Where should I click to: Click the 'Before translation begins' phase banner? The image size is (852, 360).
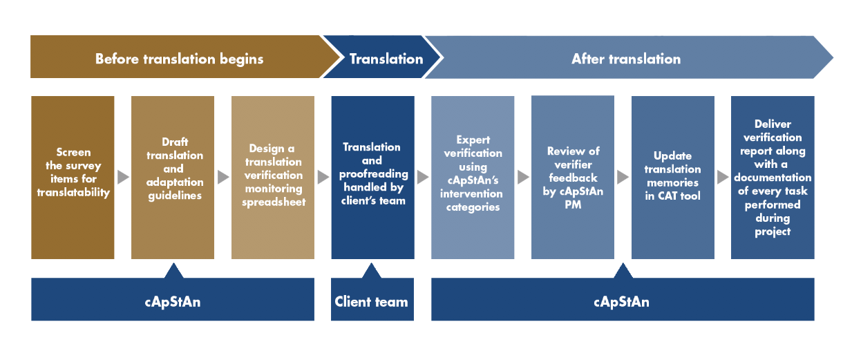coord(178,59)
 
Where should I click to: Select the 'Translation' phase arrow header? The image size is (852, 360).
coord(386,59)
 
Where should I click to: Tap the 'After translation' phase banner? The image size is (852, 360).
coord(625,59)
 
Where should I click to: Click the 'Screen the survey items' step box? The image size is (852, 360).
coord(73,177)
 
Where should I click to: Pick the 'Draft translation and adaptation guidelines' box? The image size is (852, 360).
coord(173,177)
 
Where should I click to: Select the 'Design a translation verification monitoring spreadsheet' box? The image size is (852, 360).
coord(273,177)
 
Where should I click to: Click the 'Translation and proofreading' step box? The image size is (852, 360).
coord(372,177)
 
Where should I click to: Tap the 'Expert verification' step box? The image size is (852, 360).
coord(473,177)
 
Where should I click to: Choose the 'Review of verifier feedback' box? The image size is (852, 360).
coord(573,177)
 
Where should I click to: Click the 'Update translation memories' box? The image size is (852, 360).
coord(672,177)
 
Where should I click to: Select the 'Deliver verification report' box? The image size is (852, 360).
coord(773,177)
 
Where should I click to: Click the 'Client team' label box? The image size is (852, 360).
coord(372,301)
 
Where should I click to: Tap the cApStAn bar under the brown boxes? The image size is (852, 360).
coord(173,301)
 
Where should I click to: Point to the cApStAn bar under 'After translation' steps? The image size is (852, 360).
coord(622,301)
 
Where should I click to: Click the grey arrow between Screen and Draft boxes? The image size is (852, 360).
coord(123,177)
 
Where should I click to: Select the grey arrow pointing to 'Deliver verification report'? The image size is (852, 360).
coord(723,177)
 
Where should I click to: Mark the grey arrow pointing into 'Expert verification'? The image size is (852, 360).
coord(423,177)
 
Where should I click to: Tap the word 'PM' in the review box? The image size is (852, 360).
coord(573,205)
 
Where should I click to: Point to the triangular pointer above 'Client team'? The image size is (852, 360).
coord(372,270)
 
